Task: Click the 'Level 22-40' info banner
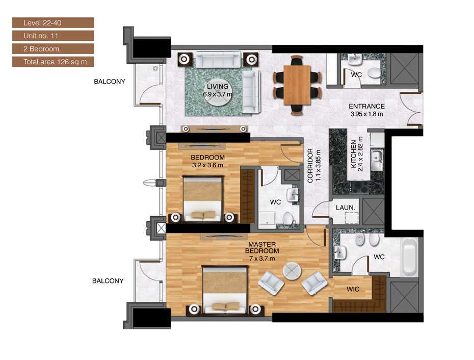pyautogui.click(x=52, y=22)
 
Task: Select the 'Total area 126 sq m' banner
pyautogui.click(x=52, y=62)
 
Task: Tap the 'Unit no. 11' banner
pyautogui.click(x=52, y=36)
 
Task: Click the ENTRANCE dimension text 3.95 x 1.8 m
pyautogui.click(x=366, y=114)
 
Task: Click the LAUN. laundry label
pyautogui.click(x=345, y=208)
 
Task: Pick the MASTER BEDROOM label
pyautogui.click(x=262, y=247)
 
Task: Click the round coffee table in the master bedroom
pyautogui.click(x=293, y=272)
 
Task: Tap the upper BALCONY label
pyautogui.click(x=109, y=82)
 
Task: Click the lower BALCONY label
pyautogui.click(x=108, y=281)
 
